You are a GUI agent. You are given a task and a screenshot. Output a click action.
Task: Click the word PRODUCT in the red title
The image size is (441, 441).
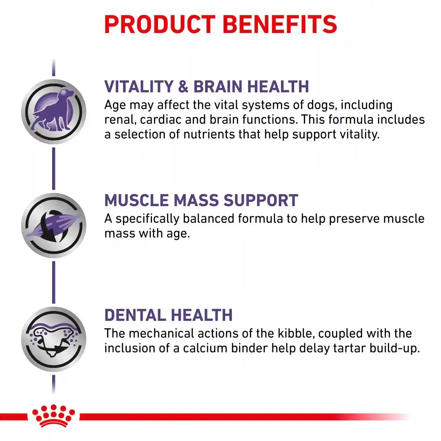(160, 24)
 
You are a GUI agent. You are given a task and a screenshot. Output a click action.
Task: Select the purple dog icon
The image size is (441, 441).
(53, 112)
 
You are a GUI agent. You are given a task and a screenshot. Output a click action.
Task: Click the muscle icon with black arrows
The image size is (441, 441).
(53, 225)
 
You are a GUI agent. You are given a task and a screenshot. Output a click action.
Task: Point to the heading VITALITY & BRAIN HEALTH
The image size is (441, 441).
(207, 87)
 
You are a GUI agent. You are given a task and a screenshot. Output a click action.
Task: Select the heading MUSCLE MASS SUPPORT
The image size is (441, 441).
(201, 200)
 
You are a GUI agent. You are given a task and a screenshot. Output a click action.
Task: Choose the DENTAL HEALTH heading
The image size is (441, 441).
(168, 315)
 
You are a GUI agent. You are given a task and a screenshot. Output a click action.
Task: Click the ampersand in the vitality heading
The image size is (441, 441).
(183, 87)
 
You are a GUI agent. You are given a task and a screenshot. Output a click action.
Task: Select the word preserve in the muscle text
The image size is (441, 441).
(354, 219)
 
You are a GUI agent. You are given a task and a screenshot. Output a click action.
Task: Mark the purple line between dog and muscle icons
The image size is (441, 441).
(53, 168)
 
